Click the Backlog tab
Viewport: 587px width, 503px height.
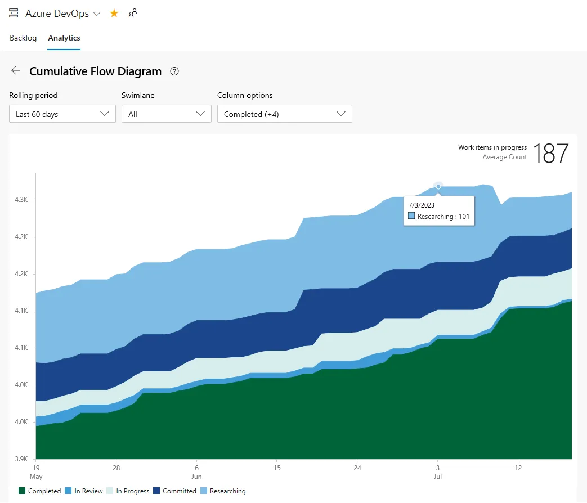point(23,38)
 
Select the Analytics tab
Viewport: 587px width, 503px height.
point(64,38)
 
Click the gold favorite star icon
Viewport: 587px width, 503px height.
point(114,14)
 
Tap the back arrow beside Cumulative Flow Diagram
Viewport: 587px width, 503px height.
point(16,70)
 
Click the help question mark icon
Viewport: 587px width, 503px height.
point(174,71)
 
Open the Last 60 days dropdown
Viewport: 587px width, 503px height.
point(62,114)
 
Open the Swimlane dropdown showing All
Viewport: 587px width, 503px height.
point(167,114)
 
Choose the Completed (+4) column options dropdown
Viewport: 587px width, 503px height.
point(285,114)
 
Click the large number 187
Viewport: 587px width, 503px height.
point(550,153)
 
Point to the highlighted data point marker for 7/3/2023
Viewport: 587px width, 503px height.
point(438,186)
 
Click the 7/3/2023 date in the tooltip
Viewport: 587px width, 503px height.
point(422,205)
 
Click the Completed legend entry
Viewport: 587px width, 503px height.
point(40,491)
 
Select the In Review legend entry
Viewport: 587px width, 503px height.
point(84,491)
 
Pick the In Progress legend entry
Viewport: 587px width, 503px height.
point(128,491)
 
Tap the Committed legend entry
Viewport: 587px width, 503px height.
point(175,491)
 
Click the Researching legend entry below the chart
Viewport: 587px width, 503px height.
point(223,491)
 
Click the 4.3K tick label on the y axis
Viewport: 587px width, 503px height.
point(21,200)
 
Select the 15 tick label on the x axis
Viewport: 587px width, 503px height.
point(277,468)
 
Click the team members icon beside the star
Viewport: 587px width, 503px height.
point(133,14)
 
